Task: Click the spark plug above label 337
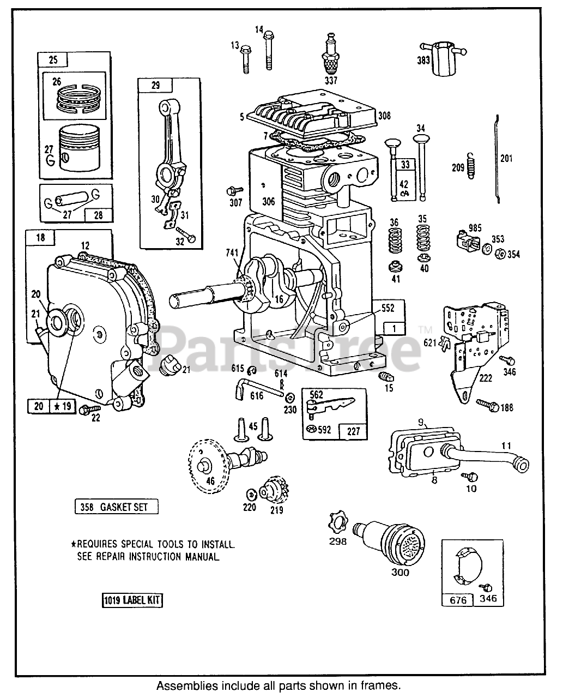(x=330, y=55)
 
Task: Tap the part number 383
(x=423, y=61)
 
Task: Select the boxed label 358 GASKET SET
(x=117, y=507)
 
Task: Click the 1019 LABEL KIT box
(x=132, y=601)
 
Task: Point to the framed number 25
(x=52, y=60)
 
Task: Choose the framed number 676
(x=458, y=600)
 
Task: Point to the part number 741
(x=232, y=252)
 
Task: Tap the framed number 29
(x=155, y=85)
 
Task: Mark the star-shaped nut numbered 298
(x=338, y=523)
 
